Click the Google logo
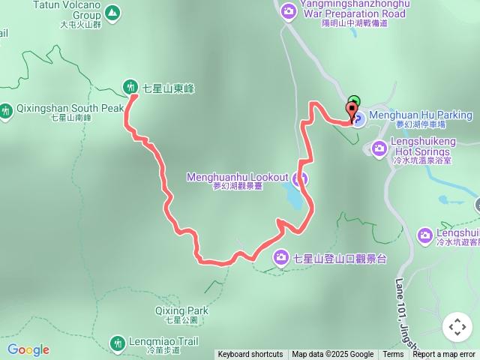[28, 349]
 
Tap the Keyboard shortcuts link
[250, 355]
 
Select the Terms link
[393, 355]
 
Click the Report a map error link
[444, 355]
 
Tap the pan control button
[457, 327]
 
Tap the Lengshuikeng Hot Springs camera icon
[379, 146]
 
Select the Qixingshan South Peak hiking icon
[6, 112]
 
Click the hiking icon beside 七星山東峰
[131, 86]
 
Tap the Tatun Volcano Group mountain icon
[112, 12]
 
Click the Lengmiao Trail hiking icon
[117, 343]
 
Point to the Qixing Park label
[181, 310]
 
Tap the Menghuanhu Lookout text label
[238, 177]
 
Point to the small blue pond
[295, 199]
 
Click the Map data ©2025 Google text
[332, 355]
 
